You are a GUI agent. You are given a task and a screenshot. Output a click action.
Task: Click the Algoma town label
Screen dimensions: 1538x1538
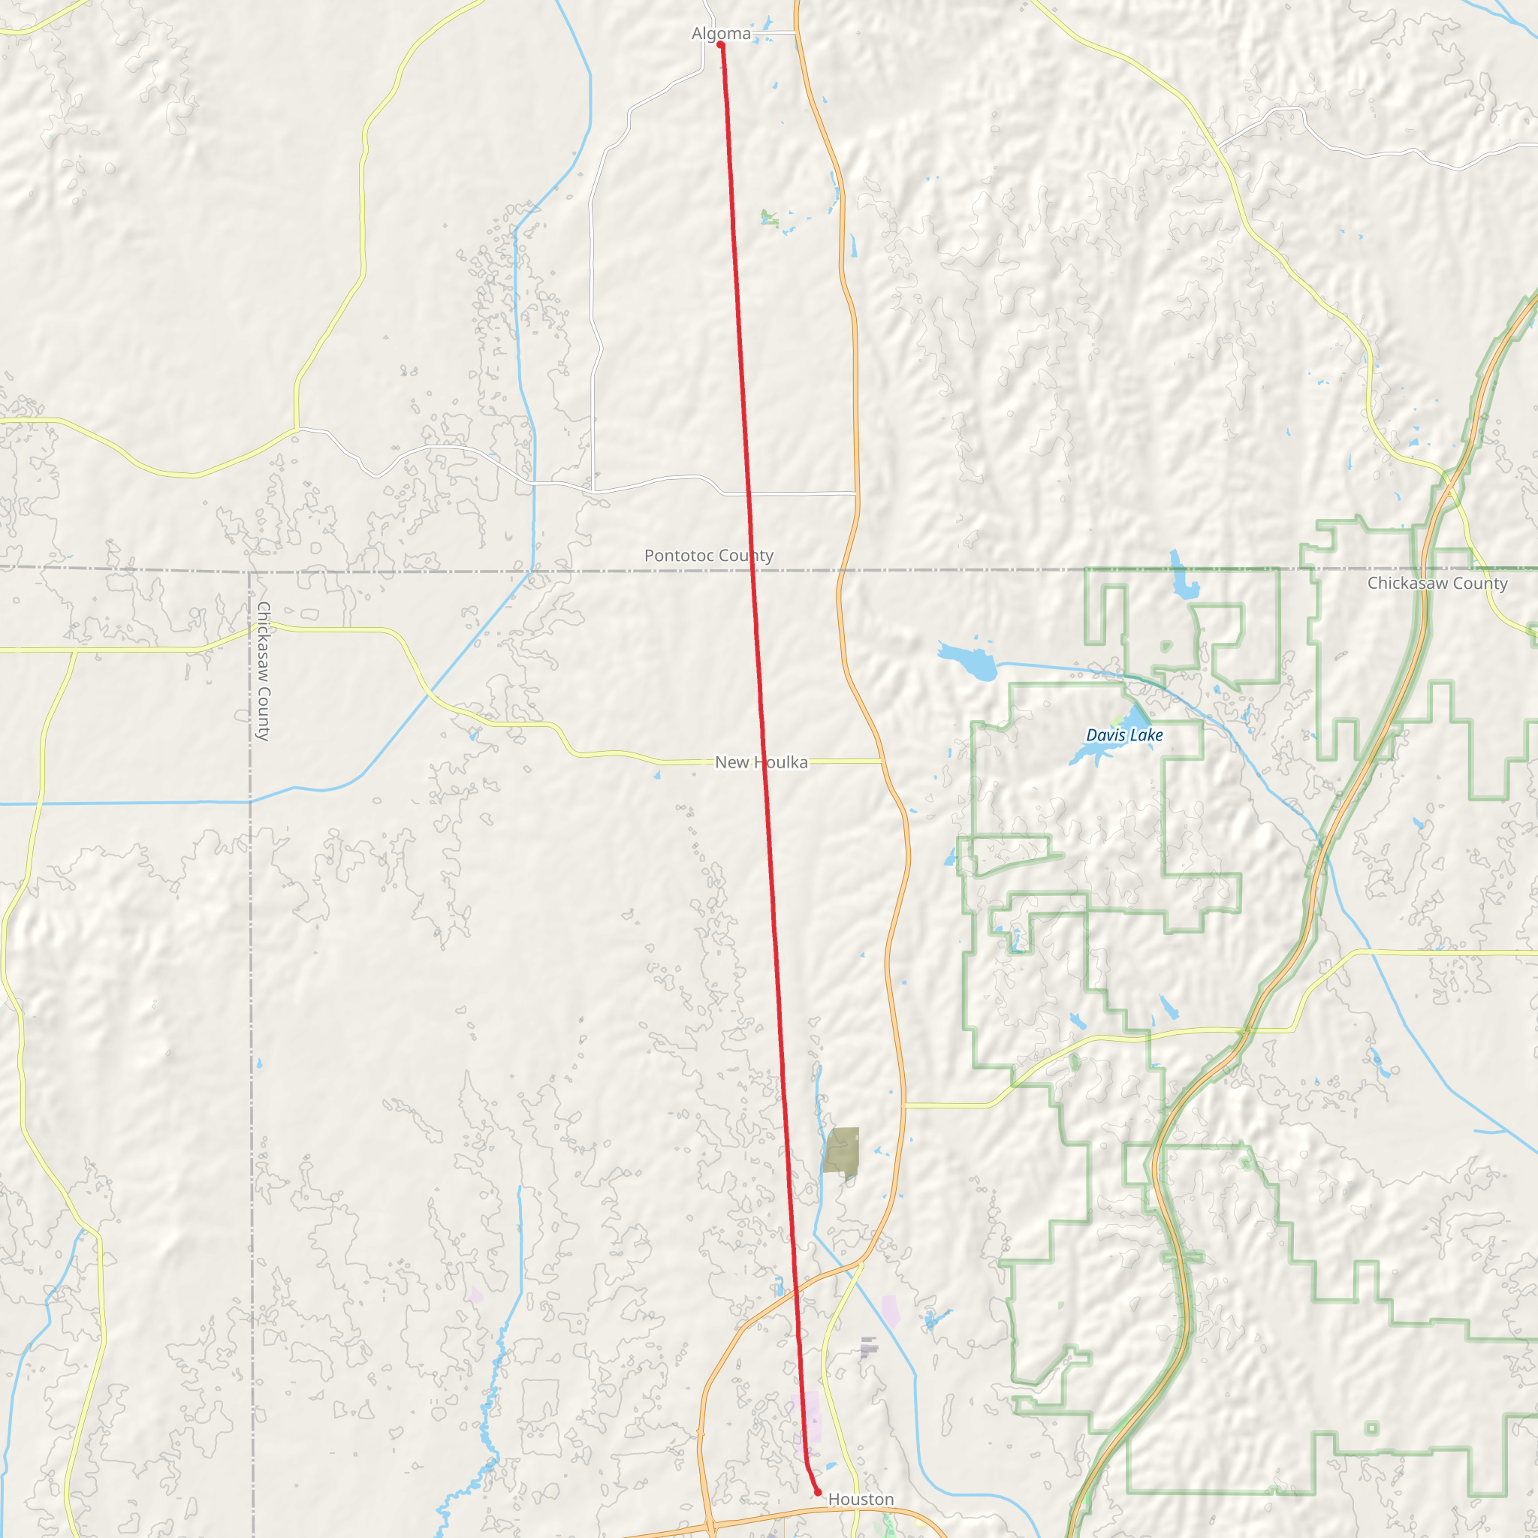point(720,34)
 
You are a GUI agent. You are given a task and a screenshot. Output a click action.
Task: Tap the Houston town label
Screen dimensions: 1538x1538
point(861,1499)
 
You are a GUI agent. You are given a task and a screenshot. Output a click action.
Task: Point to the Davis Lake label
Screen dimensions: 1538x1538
point(1124,734)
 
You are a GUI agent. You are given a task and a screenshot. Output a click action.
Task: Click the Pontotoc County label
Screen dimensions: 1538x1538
point(708,555)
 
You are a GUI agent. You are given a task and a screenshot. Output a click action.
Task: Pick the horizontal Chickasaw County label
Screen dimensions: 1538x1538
point(1437,583)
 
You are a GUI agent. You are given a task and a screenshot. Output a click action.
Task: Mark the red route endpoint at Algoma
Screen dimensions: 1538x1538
point(720,44)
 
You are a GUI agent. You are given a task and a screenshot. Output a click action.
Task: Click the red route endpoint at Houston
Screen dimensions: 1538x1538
point(818,1492)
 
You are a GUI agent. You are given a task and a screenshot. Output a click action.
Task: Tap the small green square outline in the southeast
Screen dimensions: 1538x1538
point(1371,1428)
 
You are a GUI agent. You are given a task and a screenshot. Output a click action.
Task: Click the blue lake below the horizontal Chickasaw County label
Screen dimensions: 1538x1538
point(1184,584)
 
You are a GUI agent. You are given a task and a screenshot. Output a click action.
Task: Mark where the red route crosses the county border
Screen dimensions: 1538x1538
point(752,570)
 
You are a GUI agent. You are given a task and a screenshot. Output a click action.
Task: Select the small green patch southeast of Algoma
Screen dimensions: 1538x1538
point(769,217)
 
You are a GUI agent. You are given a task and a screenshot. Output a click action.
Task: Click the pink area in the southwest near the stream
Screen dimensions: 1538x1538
point(476,1295)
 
